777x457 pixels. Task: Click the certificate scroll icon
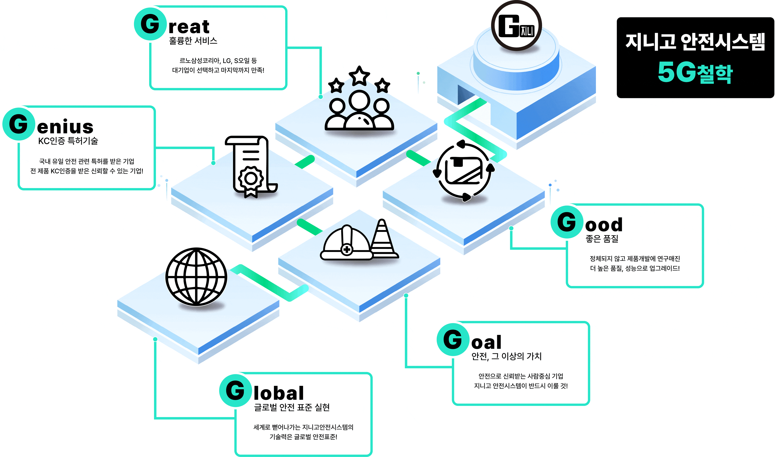pos(251,167)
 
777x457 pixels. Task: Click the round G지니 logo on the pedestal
pos(516,26)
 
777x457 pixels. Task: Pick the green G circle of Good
pos(567,222)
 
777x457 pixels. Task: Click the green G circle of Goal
pos(453,339)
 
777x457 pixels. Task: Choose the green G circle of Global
pos(236,390)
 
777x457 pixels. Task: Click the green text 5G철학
pos(695,72)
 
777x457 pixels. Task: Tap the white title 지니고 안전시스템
pos(695,42)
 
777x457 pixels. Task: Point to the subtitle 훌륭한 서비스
pos(193,41)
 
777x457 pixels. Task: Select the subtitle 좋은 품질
pos(602,239)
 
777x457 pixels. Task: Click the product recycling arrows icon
pos(465,170)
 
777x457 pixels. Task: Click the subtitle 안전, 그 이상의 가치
pos(506,356)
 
